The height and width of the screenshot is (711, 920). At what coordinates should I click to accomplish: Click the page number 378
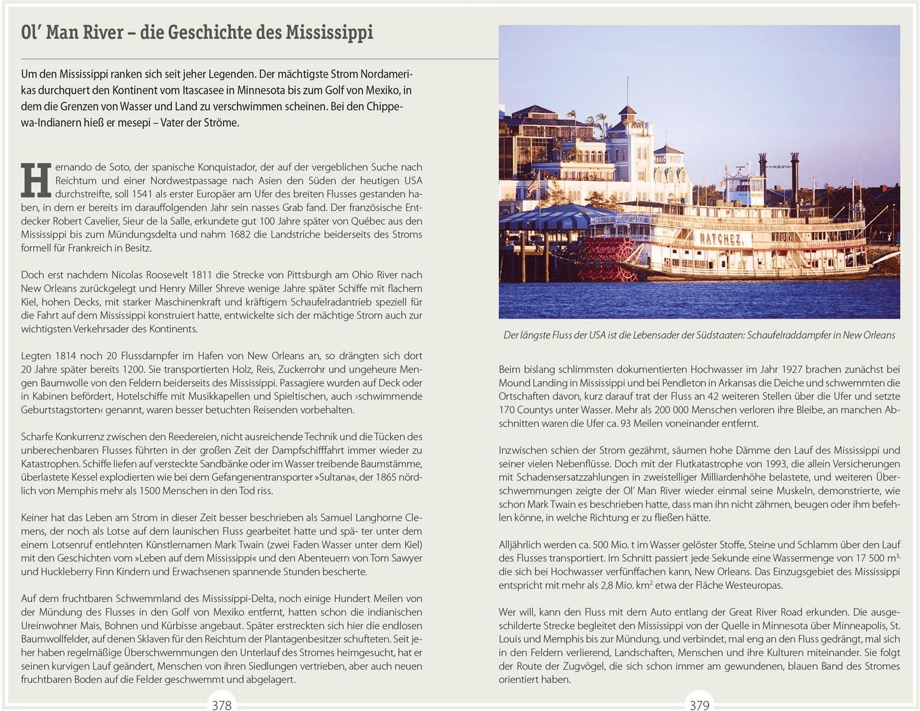tap(221, 705)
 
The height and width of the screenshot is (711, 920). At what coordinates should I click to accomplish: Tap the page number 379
tap(699, 705)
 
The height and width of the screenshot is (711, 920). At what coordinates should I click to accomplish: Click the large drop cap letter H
tap(36, 180)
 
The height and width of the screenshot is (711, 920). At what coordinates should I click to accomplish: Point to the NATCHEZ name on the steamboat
tap(721, 240)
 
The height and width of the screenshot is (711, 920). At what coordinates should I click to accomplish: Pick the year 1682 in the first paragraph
tap(240, 234)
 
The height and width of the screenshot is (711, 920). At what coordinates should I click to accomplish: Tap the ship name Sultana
tap(329, 477)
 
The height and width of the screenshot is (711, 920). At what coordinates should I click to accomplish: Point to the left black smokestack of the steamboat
tap(762, 167)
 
